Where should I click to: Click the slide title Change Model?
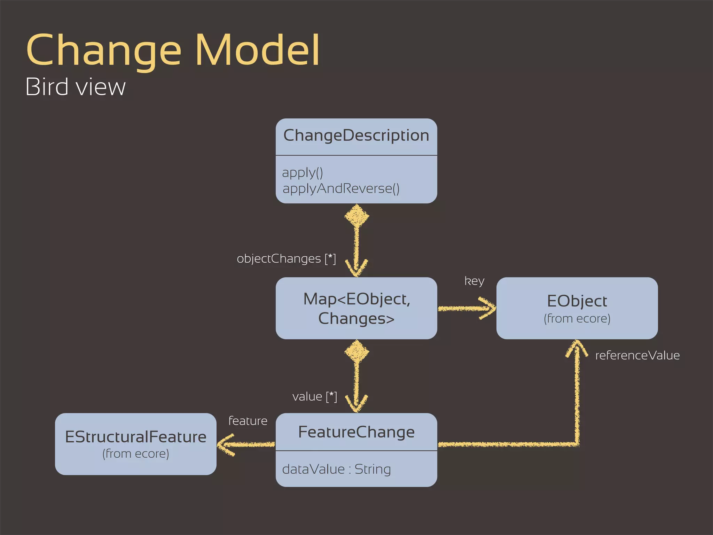pos(173,50)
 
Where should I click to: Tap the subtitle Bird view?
pos(76,87)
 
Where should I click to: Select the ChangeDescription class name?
pos(356,135)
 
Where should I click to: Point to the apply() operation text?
pos(303,172)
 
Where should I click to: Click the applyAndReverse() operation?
pos(341,188)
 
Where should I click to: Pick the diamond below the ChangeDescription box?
pos(356,216)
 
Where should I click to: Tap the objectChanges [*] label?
pos(286,259)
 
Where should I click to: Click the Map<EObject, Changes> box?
pos(356,308)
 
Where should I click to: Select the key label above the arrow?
pos(474,281)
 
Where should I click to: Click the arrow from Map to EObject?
pos(467,308)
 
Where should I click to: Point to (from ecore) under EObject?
pos(577,319)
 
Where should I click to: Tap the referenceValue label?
pos(637,356)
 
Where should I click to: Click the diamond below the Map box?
pos(356,351)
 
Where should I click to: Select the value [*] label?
pos(315,397)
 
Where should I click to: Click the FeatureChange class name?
pos(356,432)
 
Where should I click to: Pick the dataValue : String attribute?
pos(336,469)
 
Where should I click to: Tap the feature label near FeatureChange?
pos(248,421)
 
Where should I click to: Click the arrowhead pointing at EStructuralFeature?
pos(225,444)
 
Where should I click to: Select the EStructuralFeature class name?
pos(136,437)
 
